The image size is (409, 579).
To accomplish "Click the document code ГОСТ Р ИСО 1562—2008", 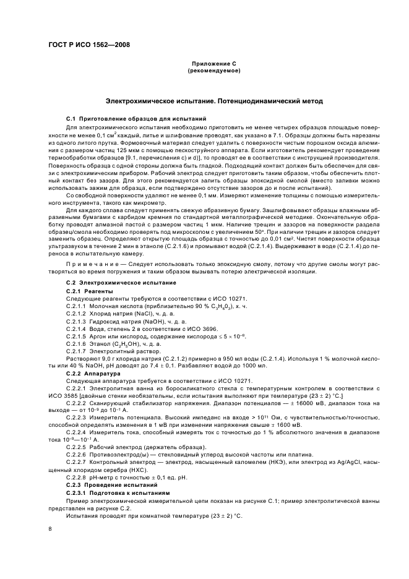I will coord(88,45).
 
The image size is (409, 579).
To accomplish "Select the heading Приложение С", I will coord(213,64).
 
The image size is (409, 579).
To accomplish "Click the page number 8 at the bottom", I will coord(50,529).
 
